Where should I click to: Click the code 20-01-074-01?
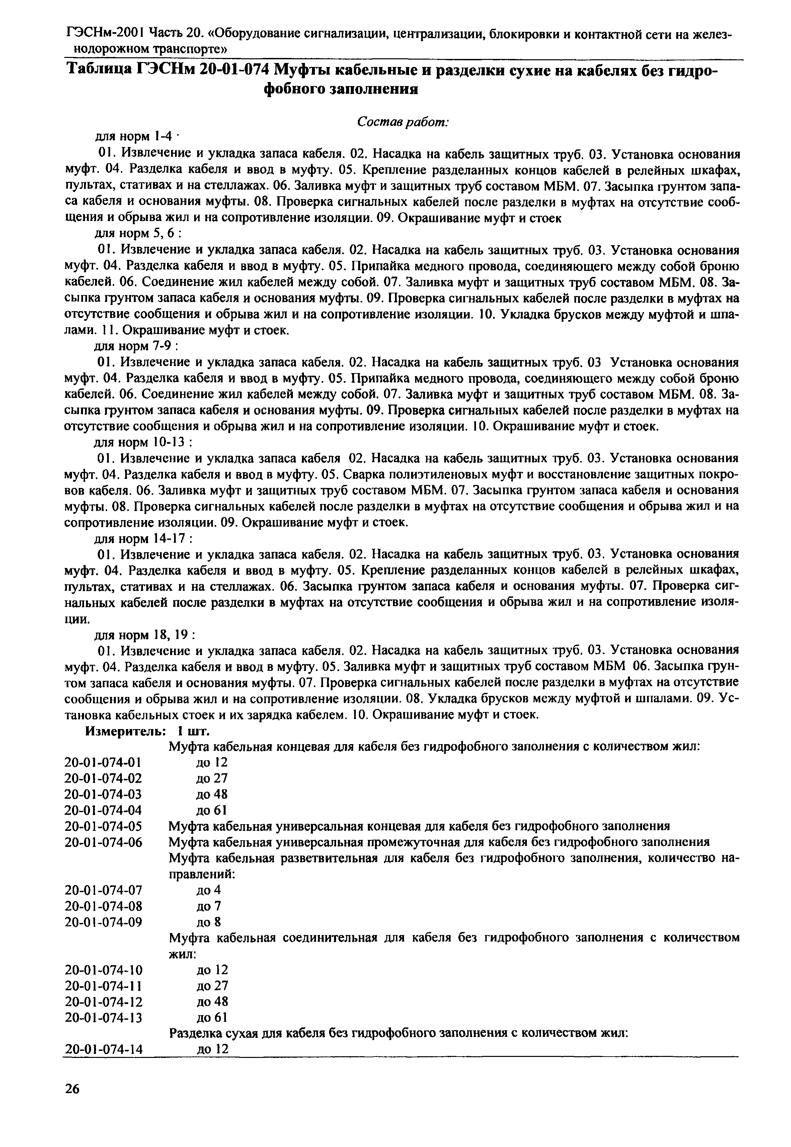coord(103,762)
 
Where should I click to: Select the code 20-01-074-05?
coord(103,826)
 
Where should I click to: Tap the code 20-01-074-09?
coord(103,922)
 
